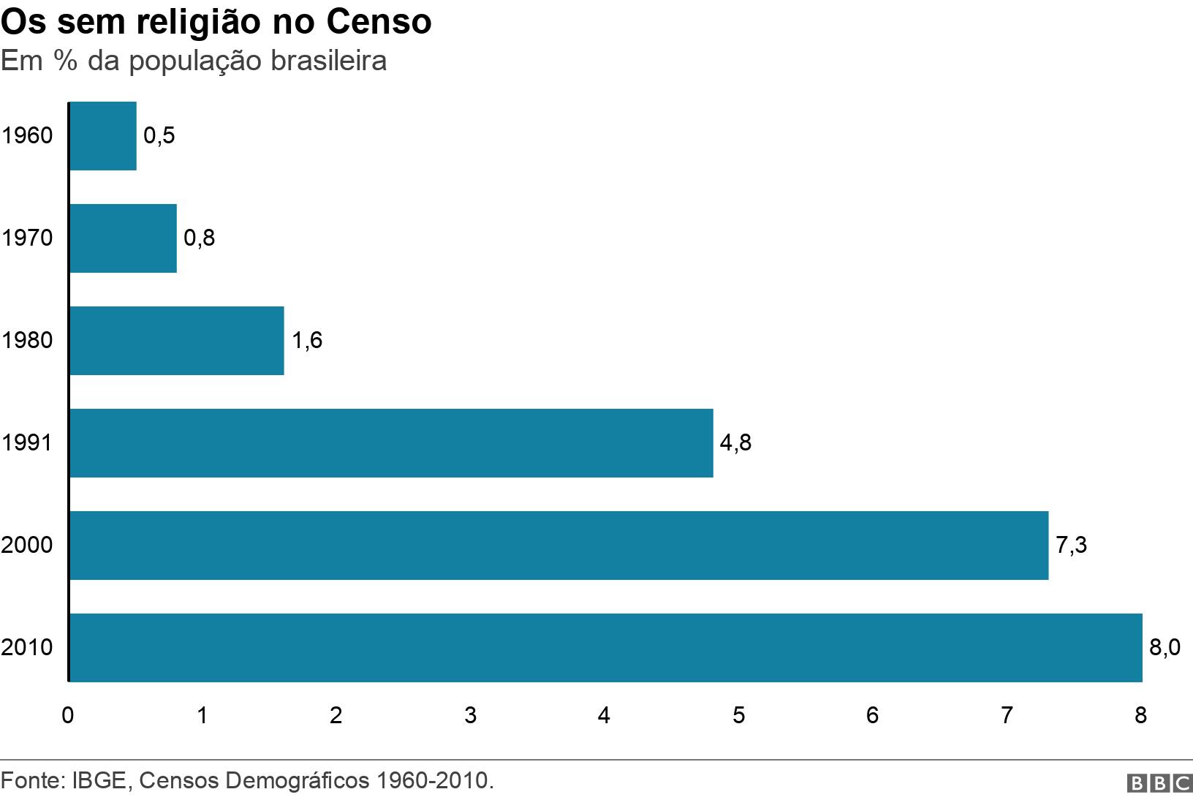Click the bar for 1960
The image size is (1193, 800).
tap(103, 136)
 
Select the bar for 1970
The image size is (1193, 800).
tap(123, 238)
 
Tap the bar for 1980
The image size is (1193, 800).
tap(177, 341)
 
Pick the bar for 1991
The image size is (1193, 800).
tap(391, 443)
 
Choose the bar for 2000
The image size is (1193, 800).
tap(559, 546)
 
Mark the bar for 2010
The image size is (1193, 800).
tap(606, 648)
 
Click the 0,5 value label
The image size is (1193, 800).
tap(159, 136)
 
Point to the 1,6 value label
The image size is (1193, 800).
tap(307, 341)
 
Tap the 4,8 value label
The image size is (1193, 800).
tap(735, 443)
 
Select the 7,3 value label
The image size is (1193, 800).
tap(1071, 546)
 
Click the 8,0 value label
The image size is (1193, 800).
tap(1164, 648)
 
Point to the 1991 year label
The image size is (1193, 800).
tap(27, 443)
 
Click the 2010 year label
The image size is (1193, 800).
tap(27, 648)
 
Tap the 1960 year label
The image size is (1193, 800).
tap(27, 136)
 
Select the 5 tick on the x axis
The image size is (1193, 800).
tap(738, 715)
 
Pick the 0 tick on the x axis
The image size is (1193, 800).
tap(68, 715)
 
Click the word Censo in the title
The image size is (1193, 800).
tap(379, 22)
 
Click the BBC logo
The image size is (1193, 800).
tap(1159, 783)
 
